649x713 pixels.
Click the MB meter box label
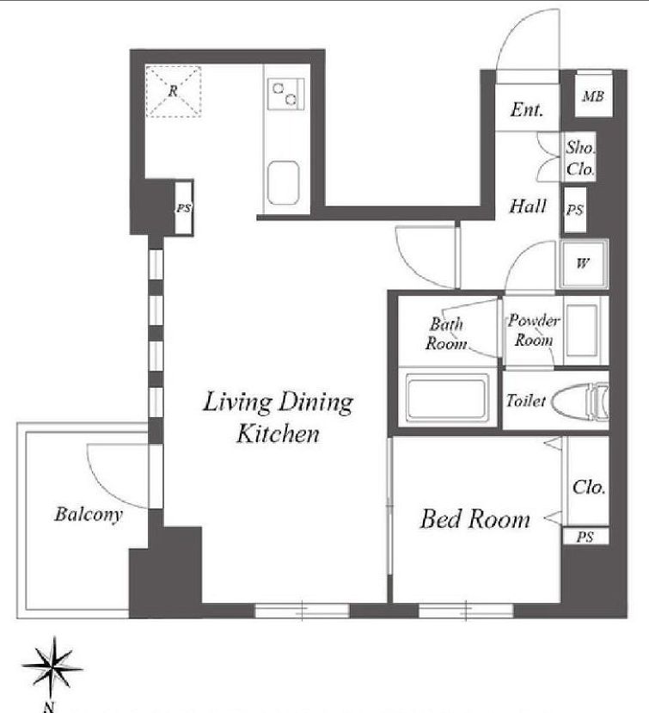tap(593, 96)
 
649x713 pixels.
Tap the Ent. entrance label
tap(527, 109)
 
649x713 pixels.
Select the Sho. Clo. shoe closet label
tap(580, 157)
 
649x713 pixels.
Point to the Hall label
tap(528, 206)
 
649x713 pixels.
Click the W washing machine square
tap(584, 264)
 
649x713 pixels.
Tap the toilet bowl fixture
tap(580, 401)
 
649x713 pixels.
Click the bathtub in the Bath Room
tap(445, 396)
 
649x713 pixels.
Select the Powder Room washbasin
tap(582, 329)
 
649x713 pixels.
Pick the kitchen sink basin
tap(283, 183)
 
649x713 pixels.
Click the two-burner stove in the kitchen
tap(286, 94)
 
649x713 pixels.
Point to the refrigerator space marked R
tap(173, 91)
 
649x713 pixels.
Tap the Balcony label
tap(89, 514)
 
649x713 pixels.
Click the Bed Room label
tap(475, 519)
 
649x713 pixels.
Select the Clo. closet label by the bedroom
tap(589, 487)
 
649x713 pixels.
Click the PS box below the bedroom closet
tap(586, 537)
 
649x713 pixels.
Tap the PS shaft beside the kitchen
tap(184, 208)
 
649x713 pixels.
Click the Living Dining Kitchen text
tap(278, 417)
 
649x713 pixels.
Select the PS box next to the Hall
tap(575, 210)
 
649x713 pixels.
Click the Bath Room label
tap(446, 334)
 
